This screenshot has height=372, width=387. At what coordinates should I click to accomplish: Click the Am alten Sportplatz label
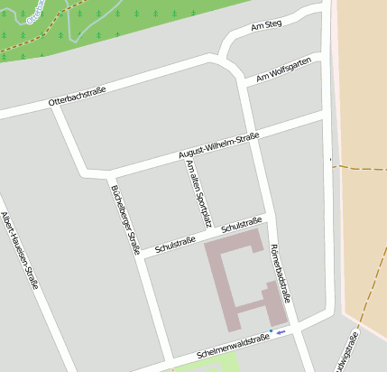[198, 192]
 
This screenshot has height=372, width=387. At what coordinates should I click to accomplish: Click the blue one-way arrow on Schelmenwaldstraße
[281, 332]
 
